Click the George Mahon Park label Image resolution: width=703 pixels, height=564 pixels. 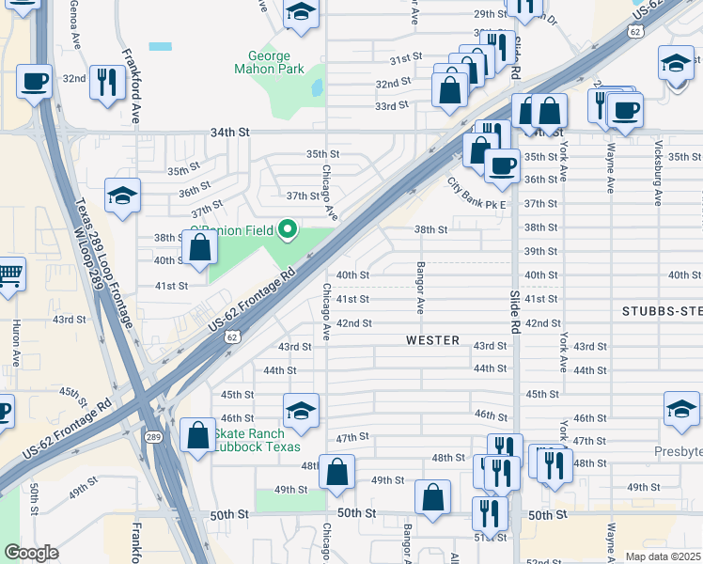pos(275,62)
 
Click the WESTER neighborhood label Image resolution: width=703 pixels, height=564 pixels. pos(432,340)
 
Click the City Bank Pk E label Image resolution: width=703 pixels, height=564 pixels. pos(476,194)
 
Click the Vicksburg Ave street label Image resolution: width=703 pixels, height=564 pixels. pos(658,182)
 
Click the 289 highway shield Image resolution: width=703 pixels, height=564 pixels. pos(152,437)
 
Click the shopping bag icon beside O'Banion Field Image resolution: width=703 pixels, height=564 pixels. pos(200,249)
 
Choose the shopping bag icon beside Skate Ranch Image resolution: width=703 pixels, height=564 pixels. pos(197,434)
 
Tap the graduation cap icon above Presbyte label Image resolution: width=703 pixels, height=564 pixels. pos(681,409)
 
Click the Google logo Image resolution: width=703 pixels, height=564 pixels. pos(31,553)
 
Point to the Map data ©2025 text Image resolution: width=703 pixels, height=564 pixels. pos(664,556)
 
